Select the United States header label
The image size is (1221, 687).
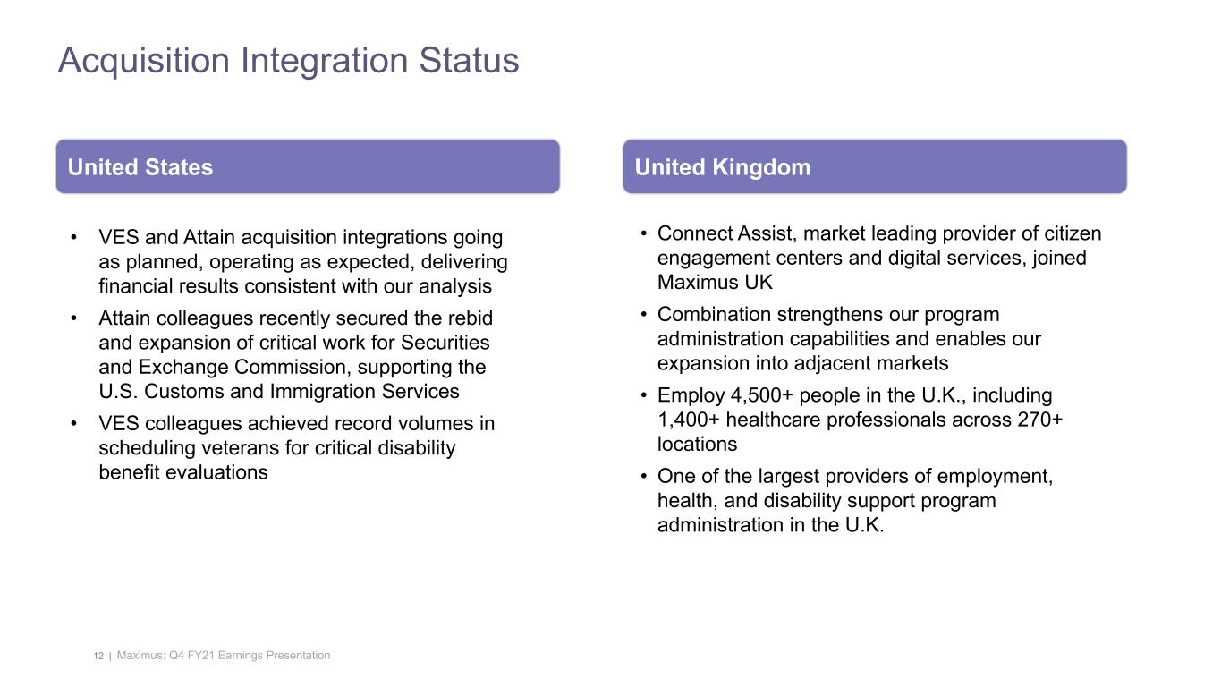tap(140, 167)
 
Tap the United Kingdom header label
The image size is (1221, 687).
tap(722, 167)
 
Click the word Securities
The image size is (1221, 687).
tap(448, 343)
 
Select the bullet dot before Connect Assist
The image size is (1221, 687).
tap(644, 234)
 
